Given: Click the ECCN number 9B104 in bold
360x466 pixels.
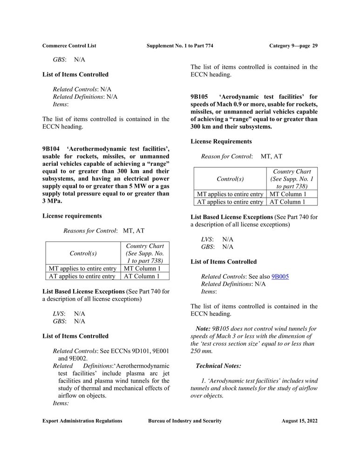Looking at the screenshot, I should point(51,149).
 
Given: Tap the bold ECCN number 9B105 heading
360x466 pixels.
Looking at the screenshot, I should point(199,96).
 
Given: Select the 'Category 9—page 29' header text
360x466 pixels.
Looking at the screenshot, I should point(293,46).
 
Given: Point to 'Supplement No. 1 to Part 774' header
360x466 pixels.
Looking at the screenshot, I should point(180,46).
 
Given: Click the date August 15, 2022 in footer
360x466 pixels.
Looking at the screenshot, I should point(299,421).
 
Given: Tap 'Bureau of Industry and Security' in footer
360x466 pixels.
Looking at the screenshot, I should point(185,421).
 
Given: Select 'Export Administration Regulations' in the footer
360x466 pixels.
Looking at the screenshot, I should point(82,421).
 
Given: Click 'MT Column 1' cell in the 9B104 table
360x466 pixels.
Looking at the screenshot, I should point(143,268).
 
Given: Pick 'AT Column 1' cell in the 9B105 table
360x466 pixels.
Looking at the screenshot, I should point(288,202).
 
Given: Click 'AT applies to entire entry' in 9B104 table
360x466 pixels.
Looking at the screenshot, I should point(82,276).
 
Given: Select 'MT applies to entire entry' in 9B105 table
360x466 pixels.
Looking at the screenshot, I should point(230,194).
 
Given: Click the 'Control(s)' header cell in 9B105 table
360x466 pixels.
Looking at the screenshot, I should point(230,179).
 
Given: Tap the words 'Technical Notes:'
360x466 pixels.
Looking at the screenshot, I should point(218,366).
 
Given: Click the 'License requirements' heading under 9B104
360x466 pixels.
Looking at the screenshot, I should point(72,216).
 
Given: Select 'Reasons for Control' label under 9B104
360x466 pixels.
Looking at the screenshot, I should point(90,231).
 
